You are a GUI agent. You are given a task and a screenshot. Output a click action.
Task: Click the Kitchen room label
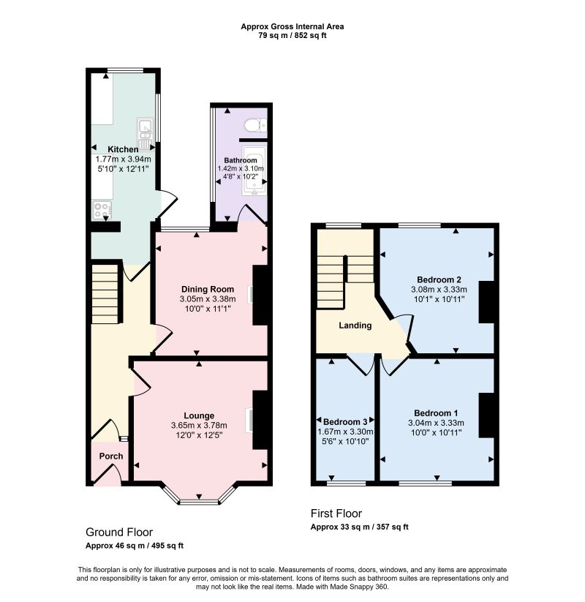tap(123, 149)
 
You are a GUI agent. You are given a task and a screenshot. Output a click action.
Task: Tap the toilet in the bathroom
tap(255, 125)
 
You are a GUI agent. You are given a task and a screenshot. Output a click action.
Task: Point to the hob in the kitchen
tap(102, 211)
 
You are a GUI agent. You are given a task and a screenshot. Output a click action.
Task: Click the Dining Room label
tap(207, 289)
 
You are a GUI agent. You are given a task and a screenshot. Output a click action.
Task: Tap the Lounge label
tap(199, 415)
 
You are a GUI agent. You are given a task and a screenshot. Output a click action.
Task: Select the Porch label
tap(111, 456)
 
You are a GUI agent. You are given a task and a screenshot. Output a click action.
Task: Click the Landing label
tap(355, 326)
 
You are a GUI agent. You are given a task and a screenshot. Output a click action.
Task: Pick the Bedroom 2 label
tap(439, 279)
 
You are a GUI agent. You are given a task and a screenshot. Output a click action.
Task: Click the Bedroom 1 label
tap(436, 413)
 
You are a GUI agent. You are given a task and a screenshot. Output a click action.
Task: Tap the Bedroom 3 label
tap(345, 422)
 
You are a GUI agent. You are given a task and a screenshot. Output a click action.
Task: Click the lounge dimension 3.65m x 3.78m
tap(199, 426)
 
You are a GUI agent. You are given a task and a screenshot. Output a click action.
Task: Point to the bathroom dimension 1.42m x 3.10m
tap(241, 168)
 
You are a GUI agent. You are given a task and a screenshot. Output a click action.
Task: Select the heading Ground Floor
tap(119, 532)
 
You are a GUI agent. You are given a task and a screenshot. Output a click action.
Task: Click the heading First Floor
tap(336, 513)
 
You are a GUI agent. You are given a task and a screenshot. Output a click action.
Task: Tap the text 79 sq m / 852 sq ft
tap(292, 36)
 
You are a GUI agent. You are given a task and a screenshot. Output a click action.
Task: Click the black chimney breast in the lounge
tap(260, 420)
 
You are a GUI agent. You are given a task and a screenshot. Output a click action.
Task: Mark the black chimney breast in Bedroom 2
tap(486, 302)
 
